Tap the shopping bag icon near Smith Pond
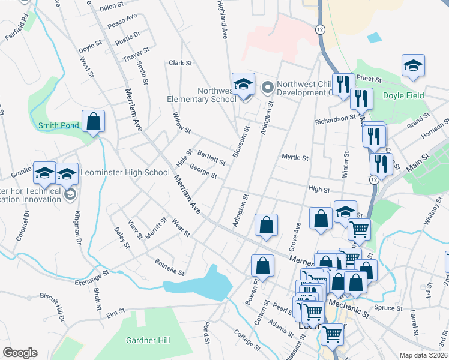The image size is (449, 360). click(x=94, y=122)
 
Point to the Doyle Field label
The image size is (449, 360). click(x=403, y=95)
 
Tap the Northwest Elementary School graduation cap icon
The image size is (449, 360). click(x=244, y=85)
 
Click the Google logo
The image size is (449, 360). click(x=20, y=353)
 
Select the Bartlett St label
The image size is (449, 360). click(x=211, y=158)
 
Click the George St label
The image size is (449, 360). click(x=203, y=172)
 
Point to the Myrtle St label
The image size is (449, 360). click(x=295, y=158)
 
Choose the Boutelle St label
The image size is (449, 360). click(x=169, y=267)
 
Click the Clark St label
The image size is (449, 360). click(x=180, y=62)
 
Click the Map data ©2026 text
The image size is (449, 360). click(x=423, y=355)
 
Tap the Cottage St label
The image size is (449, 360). click(x=247, y=340)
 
